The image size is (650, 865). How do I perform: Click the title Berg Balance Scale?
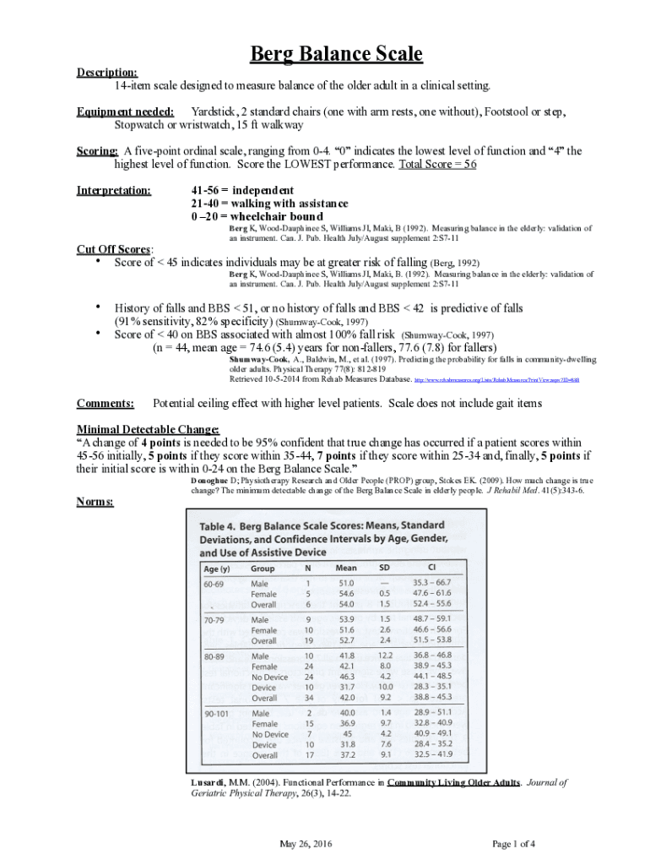point(336,55)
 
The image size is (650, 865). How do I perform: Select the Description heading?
point(107,73)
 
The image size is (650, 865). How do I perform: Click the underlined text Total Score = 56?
point(437,164)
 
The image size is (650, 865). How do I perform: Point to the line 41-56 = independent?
point(243,190)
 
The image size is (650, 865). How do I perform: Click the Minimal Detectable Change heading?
point(148,428)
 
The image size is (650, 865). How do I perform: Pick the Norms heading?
point(96,502)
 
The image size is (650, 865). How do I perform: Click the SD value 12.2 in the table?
point(386,656)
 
